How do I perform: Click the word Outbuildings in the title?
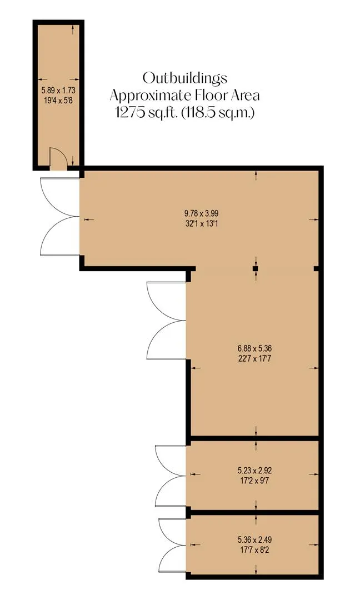pyautogui.click(x=185, y=78)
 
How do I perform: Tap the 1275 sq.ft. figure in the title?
pyautogui.click(x=147, y=112)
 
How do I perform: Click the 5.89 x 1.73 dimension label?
pyautogui.click(x=58, y=91)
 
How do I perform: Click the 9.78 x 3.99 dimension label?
pyautogui.click(x=202, y=213)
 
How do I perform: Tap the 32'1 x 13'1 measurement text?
pyautogui.click(x=202, y=223)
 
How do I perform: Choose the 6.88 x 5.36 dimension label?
pyautogui.click(x=255, y=348)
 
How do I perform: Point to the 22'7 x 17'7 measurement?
pyautogui.click(x=255, y=359)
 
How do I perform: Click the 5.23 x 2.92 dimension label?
pyautogui.click(x=255, y=471)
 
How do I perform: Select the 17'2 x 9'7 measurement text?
pyautogui.click(x=255, y=480)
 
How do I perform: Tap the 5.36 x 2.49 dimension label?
pyautogui.click(x=255, y=540)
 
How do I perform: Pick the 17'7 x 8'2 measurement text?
pyautogui.click(x=255, y=550)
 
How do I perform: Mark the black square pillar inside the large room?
pyautogui.click(x=255, y=269)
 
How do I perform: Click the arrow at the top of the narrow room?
pyautogui.click(x=73, y=30)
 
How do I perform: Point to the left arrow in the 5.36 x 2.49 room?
pyautogui.click(x=195, y=544)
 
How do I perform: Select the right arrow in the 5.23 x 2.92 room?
pyautogui.click(x=314, y=474)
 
